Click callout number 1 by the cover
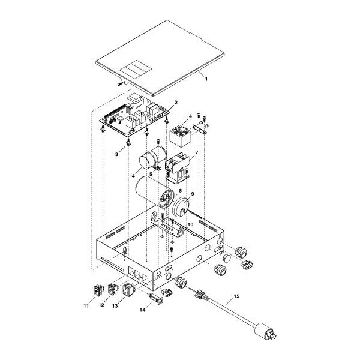click(206, 79)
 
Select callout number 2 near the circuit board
click(176, 103)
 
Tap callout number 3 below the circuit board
click(116, 155)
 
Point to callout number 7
click(197, 152)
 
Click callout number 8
click(180, 191)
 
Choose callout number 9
click(193, 194)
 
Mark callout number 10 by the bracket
click(191, 224)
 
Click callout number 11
click(86, 306)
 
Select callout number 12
click(101, 305)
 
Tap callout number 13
click(115, 306)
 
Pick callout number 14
click(143, 310)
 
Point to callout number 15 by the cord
click(236, 296)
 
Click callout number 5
click(151, 174)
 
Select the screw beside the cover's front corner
click(119, 85)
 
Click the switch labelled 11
click(98, 290)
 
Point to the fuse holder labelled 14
click(156, 298)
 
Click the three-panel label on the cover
click(136, 68)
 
